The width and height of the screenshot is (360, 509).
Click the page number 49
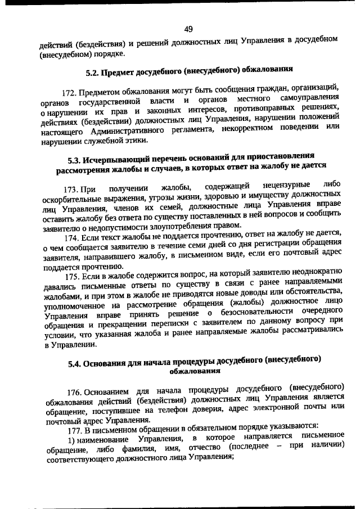tap(188, 29)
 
